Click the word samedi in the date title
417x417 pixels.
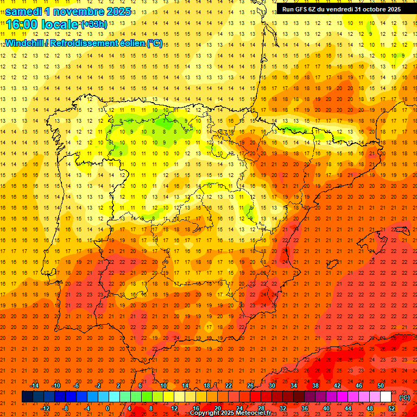pos(26,11)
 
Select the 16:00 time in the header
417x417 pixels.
pos(22,24)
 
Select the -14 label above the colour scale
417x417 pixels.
pos(35,386)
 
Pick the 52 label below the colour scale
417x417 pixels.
pos(391,408)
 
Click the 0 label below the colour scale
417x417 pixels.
pos(108,408)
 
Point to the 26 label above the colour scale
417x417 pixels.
pos(250,386)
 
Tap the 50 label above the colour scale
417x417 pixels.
pos(381,386)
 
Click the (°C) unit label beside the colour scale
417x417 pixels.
pos(405,397)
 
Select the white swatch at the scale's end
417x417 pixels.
pos(386,397)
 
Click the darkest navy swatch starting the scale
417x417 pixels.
pos(27,397)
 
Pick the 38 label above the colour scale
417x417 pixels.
pos(315,386)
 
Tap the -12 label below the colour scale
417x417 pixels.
pos(46,408)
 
